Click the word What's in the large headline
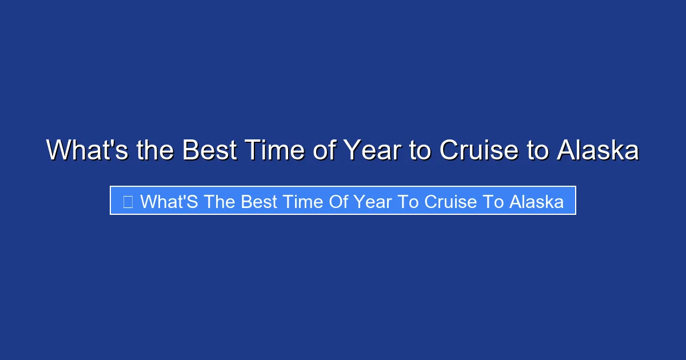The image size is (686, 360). [87, 150]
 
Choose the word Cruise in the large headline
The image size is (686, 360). [479, 150]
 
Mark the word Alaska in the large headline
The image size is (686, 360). [598, 150]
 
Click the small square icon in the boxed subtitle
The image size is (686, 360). [128, 201]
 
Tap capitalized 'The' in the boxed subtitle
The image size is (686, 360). [218, 201]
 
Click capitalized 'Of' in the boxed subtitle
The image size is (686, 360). [344, 201]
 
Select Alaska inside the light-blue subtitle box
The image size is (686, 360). [536, 201]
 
